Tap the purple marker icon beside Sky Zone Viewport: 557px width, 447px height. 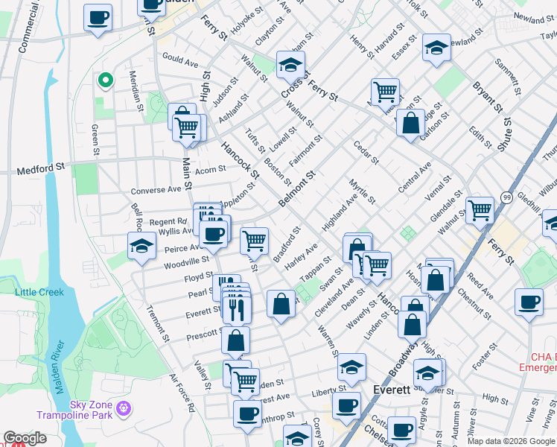pyautogui.click(x=124, y=409)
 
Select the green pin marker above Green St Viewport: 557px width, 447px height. pyautogui.click(x=106, y=79)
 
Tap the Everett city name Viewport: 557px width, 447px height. pyautogui.click(x=392, y=390)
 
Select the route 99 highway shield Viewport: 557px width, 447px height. pyautogui.click(x=506, y=197)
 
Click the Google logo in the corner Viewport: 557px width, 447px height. pyautogui.click(x=25, y=438)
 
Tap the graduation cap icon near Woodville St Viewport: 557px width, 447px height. pyautogui.click(x=141, y=246)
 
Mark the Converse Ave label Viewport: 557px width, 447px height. pyautogui.click(x=156, y=190)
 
